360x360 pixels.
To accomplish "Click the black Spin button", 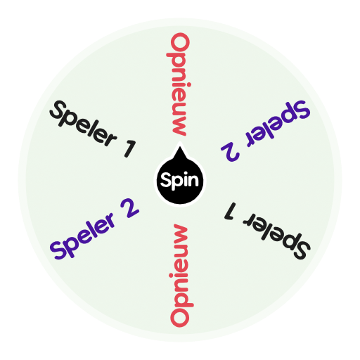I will [x=179, y=181].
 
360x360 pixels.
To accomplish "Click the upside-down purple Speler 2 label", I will [x=266, y=131].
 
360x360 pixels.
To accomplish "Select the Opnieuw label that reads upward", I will [x=180, y=276].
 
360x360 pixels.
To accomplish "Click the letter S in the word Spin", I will [x=166, y=181].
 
